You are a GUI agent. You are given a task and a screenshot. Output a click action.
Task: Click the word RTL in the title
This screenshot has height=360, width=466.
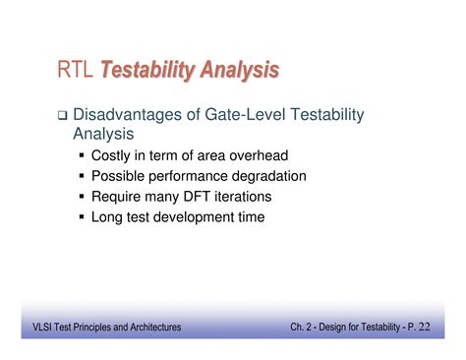75,70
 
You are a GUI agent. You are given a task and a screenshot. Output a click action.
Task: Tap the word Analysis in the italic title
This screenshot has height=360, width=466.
240,70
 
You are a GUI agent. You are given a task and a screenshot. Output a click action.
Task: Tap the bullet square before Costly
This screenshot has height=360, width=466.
81,155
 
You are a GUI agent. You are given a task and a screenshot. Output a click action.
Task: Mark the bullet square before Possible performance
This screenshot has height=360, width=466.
81,176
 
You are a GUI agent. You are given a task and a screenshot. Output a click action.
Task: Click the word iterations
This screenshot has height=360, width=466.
245,196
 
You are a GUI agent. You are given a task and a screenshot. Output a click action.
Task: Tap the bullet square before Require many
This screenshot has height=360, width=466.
81,196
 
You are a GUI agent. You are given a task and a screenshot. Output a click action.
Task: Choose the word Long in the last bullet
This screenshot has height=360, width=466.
107,216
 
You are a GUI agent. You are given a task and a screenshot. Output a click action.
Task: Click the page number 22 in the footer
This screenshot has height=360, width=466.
436,327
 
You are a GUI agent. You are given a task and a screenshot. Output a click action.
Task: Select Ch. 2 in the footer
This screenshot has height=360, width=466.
304,327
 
